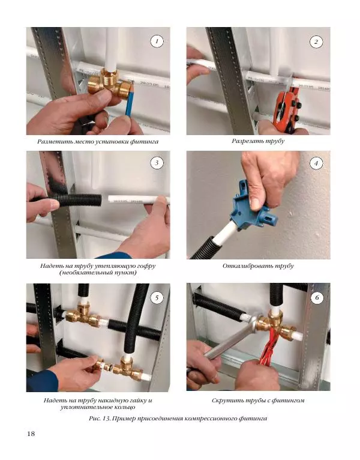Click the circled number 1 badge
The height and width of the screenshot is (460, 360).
point(157,41)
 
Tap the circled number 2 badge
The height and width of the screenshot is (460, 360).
point(316,41)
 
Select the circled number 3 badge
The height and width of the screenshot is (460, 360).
point(157,163)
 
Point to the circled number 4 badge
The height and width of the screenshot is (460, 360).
point(316,163)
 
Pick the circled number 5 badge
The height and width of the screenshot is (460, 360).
point(157,298)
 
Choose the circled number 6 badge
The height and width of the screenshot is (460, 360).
point(317,298)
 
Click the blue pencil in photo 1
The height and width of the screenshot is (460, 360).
point(129,100)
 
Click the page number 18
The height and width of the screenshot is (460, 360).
point(31,434)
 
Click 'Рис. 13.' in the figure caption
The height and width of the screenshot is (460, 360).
point(100,419)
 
